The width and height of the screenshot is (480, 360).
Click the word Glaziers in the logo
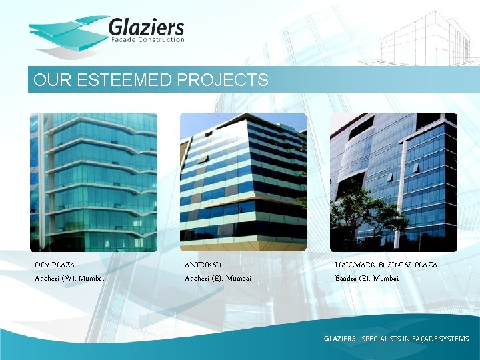click(146, 27)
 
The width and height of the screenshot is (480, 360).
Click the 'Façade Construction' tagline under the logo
click(146, 40)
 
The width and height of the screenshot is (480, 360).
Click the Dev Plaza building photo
click(93, 182)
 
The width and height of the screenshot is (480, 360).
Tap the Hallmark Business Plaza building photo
click(393, 182)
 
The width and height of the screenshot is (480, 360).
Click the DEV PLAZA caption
click(55, 265)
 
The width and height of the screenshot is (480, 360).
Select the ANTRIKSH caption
click(203, 265)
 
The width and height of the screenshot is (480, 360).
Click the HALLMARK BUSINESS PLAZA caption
click(386, 265)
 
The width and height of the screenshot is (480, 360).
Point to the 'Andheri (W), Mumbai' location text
click(69, 278)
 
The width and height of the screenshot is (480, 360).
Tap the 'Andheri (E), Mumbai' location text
click(218, 278)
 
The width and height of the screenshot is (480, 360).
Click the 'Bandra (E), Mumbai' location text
click(367, 278)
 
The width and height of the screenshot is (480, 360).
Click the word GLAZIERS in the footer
click(339, 339)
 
